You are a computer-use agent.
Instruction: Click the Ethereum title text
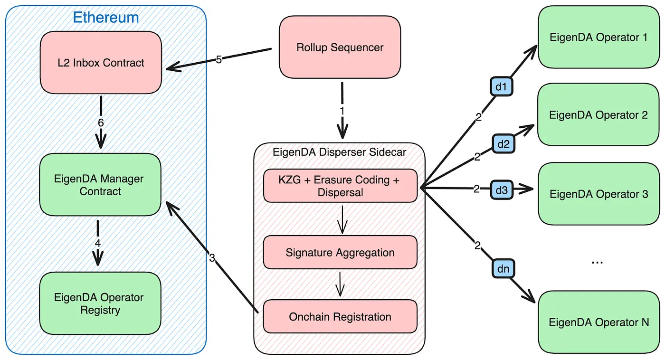click(106, 18)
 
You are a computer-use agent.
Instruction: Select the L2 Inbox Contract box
click(101, 63)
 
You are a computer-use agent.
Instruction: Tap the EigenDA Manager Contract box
click(100, 185)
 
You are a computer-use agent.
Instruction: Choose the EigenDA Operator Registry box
click(100, 303)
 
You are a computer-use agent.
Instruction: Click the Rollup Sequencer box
click(340, 47)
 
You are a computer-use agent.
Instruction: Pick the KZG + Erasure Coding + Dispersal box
click(340, 186)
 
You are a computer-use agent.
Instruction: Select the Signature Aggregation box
click(340, 253)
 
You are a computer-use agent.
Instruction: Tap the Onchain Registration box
click(340, 317)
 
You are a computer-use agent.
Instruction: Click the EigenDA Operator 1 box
click(598, 37)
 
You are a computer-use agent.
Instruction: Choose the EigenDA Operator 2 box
click(598, 115)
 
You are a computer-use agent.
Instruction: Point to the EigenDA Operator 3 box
click(598, 194)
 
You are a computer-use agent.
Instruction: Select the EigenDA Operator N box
click(598, 322)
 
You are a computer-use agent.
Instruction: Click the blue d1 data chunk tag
click(501, 87)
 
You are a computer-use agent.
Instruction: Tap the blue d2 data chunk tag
click(503, 143)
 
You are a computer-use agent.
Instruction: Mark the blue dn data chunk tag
click(503, 269)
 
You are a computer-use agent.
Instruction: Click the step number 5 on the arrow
click(219, 59)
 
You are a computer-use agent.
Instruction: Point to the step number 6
click(101, 123)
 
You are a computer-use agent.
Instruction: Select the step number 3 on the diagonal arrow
click(212, 258)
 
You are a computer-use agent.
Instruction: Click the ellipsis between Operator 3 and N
click(597, 262)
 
